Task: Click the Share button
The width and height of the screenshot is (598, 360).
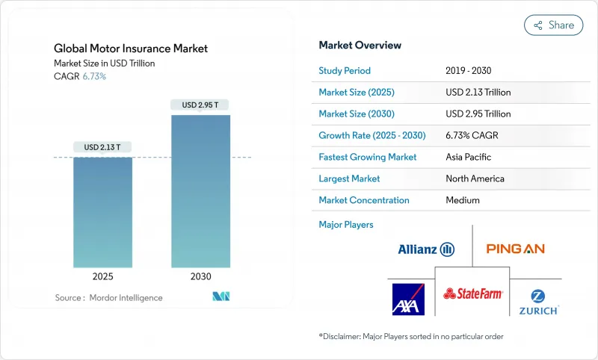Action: (x=553, y=25)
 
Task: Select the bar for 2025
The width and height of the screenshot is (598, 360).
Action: (x=102, y=212)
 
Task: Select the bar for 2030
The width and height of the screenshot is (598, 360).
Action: (x=200, y=191)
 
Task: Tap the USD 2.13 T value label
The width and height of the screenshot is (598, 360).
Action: (x=102, y=147)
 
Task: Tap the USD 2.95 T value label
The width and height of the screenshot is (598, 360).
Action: (x=200, y=105)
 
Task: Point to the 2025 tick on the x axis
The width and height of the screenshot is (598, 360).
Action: (x=102, y=276)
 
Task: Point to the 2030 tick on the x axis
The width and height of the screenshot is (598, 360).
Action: (x=200, y=276)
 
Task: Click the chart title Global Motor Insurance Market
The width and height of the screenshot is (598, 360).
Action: (x=131, y=49)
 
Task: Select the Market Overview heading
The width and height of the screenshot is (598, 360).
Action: (x=360, y=46)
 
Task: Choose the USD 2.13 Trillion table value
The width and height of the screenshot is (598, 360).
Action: (x=478, y=93)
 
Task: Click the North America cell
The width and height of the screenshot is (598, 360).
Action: (x=475, y=179)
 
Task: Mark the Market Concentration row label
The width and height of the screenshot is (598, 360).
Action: (x=364, y=200)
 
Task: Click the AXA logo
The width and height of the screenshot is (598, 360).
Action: (x=408, y=299)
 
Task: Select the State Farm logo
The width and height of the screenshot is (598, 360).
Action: (x=472, y=294)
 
